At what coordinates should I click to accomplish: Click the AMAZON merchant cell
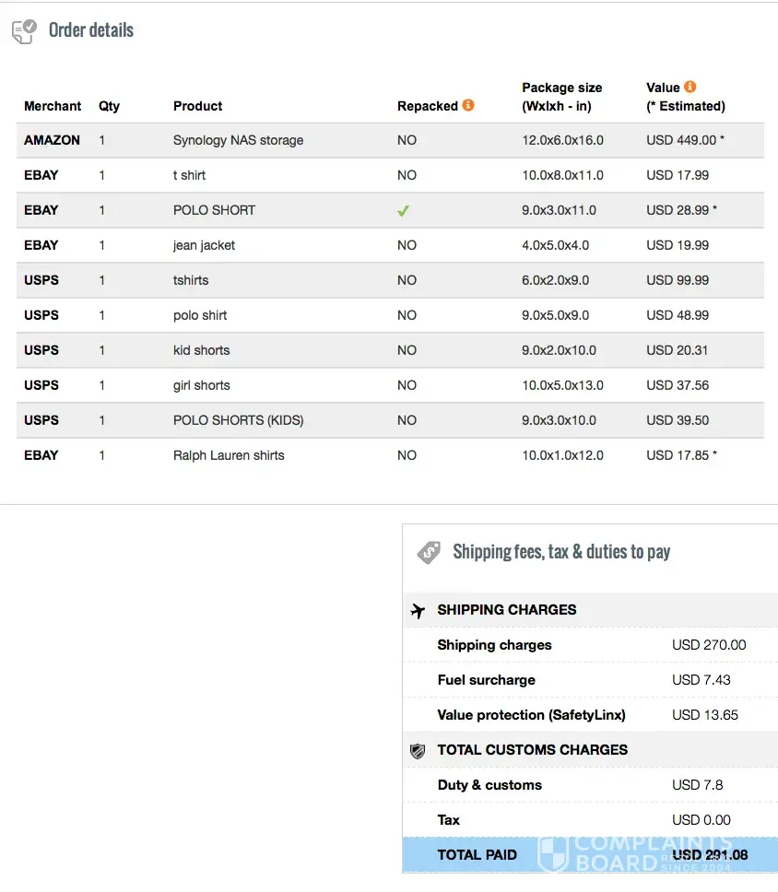coord(52,140)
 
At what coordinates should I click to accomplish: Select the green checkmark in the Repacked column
coord(403,210)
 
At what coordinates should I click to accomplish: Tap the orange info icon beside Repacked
coord(468,105)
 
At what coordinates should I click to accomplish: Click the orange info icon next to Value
coord(690,88)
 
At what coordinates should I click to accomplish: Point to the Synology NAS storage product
coord(238,140)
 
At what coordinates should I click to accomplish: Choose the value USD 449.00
coord(681,140)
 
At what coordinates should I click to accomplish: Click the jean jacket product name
coord(204,245)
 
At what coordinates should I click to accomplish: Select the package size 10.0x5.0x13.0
coord(562,385)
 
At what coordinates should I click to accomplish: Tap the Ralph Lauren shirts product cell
coord(229,455)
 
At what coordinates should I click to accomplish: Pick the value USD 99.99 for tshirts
coord(678,280)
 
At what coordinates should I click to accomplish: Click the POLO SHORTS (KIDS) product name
coord(238,420)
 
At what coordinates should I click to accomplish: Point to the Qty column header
coord(109,106)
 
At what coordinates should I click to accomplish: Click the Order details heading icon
coord(25,31)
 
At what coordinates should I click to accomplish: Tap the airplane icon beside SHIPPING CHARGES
coord(418,610)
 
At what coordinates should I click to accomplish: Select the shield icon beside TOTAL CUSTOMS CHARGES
coord(418,751)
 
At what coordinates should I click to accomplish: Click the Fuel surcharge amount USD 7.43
coord(701,680)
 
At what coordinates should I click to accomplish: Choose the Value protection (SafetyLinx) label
coord(531,715)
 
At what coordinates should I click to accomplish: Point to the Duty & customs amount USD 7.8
coord(697,785)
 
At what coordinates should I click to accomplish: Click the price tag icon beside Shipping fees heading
coord(429,552)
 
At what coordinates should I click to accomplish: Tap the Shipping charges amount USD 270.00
coord(709,645)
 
